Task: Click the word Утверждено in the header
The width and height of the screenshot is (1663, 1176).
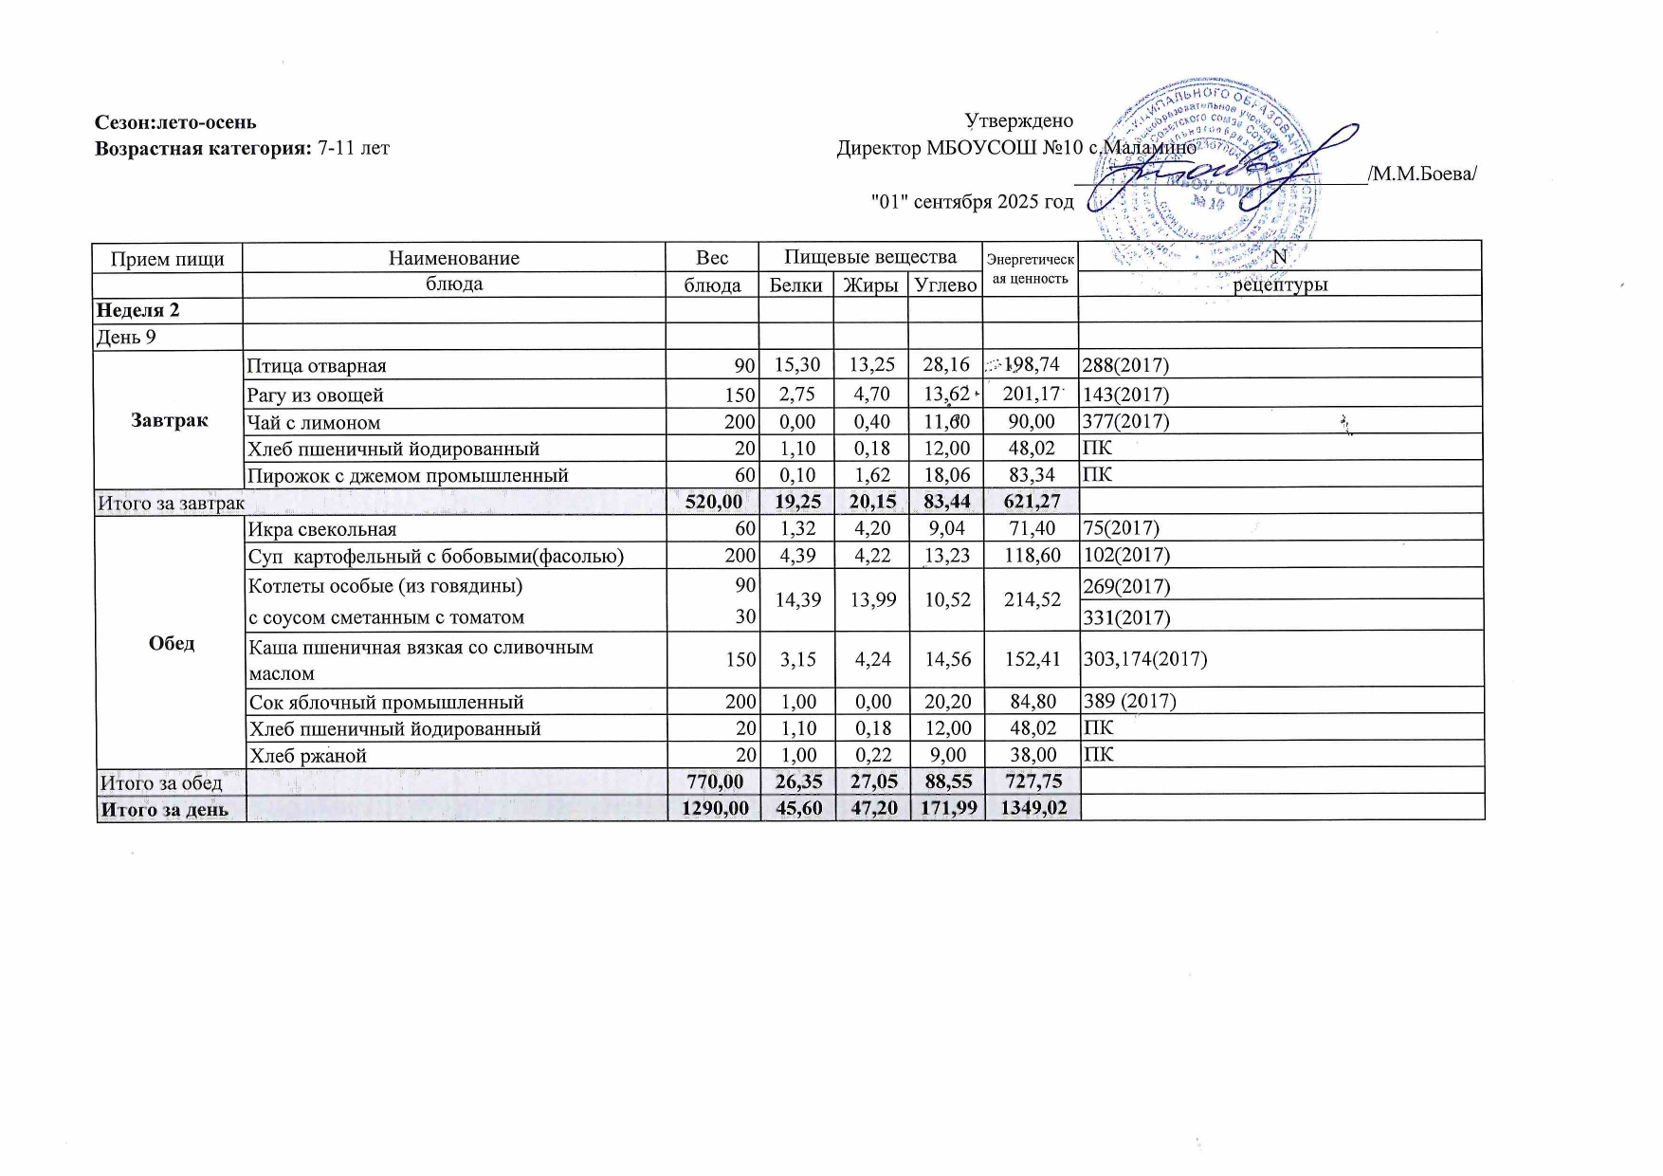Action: (x=1018, y=121)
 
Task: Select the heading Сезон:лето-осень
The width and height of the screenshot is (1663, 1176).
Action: (x=175, y=122)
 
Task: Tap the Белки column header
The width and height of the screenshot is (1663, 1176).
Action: (x=795, y=285)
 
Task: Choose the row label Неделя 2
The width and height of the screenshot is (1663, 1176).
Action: (x=138, y=310)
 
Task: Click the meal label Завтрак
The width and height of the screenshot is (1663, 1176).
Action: (x=170, y=420)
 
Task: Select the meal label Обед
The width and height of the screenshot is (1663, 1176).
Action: (x=172, y=643)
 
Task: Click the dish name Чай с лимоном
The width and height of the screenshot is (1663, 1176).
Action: (x=314, y=422)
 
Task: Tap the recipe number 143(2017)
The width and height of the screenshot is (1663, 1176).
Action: (x=1125, y=395)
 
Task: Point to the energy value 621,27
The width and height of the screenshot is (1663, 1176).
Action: (x=1032, y=502)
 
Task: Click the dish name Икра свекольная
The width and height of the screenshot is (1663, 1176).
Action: (x=322, y=529)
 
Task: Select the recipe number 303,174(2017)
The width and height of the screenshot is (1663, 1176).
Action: (x=1144, y=658)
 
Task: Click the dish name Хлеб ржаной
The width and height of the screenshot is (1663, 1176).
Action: (x=307, y=756)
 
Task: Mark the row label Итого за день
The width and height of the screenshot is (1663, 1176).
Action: (x=165, y=809)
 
